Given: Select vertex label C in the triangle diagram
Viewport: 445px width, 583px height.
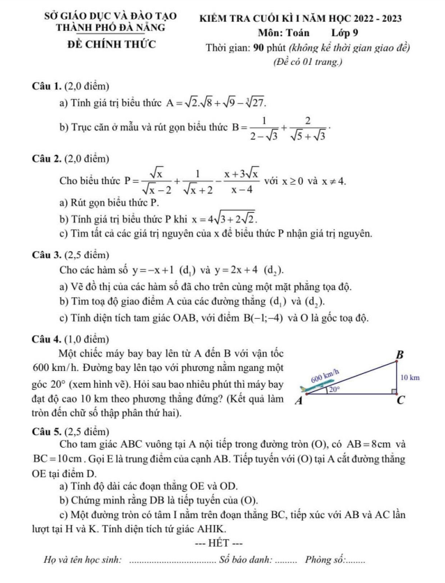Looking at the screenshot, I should coord(400,402).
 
